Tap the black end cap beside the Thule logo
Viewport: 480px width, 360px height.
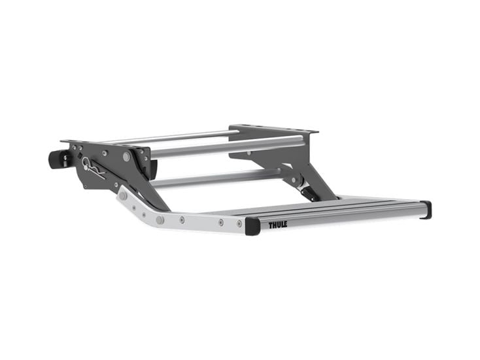[252, 226]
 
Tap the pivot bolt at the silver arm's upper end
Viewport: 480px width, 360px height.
[122, 195]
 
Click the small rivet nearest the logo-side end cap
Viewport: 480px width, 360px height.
[220, 223]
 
